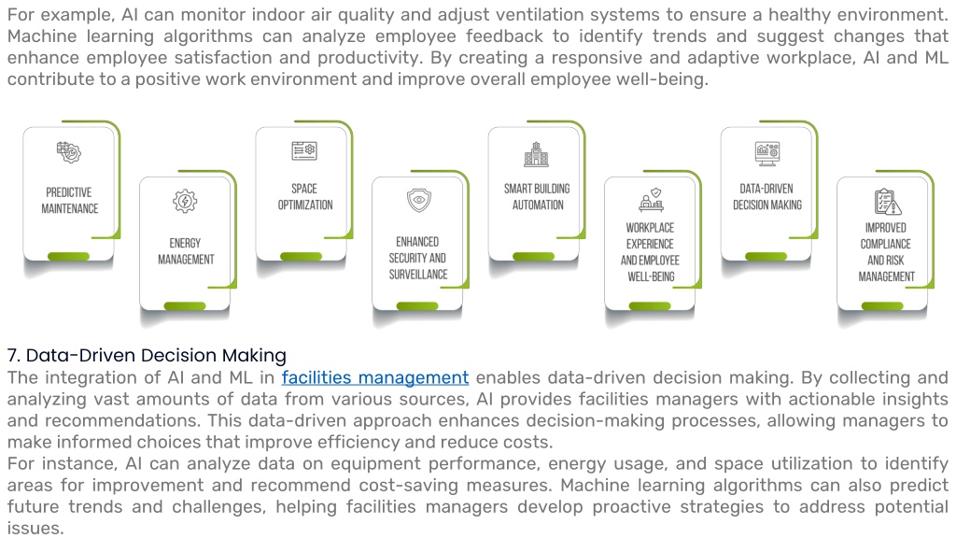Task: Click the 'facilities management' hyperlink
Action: pyautogui.click(x=375, y=377)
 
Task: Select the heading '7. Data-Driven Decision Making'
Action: pyautogui.click(x=147, y=355)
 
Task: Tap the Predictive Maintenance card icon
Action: pyautogui.click(x=69, y=152)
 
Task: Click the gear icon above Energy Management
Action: pyautogui.click(x=185, y=201)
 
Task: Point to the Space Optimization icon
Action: pyautogui.click(x=304, y=150)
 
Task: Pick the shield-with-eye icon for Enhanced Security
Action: pyautogui.click(x=419, y=200)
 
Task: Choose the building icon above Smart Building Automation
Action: pyautogui.click(x=537, y=154)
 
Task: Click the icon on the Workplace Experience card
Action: pyautogui.click(x=651, y=200)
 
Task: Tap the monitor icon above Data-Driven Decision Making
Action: pyautogui.click(x=767, y=154)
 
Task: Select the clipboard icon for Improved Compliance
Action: pyautogui.click(x=887, y=202)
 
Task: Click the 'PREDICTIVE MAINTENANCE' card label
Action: pyautogui.click(x=69, y=201)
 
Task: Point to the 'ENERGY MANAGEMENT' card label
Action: pyautogui.click(x=186, y=251)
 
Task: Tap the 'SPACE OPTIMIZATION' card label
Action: pyautogui.click(x=305, y=197)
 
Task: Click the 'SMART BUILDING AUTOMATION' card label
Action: pyautogui.click(x=537, y=197)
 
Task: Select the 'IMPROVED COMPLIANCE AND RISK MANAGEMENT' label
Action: pyautogui.click(x=887, y=252)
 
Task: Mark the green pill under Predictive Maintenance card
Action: pyautogui.click(x=68, y=256)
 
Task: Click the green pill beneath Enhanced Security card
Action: pyautogui.click(x=417, y=305)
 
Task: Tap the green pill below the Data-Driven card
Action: pyautogui.click(x=766, y=256)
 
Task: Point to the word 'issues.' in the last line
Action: pyautogui.click(x=35, y=529)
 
